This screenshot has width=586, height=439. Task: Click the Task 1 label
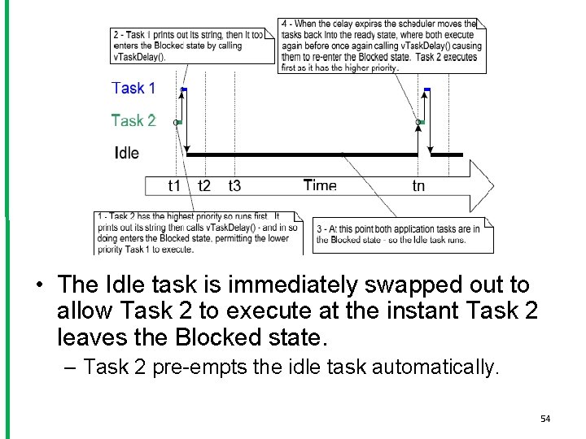pos(133,88)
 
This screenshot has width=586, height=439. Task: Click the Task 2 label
pos(133,120)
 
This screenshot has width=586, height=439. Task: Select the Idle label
pos(127,152)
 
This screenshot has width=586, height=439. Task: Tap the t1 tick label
pos(174,186)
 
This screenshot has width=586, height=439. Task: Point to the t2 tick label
pos(203,186)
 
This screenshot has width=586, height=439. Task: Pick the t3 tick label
pos(234,186)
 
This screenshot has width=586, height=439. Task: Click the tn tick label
pos(418,186)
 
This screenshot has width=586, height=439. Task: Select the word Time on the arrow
pos(320,185)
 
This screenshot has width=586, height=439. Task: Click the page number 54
pos(545,419)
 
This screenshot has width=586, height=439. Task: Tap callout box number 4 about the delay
pos(381,46)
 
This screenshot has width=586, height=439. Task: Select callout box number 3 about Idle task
pos(399,234)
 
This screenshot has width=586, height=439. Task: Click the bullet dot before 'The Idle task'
pos(39,286)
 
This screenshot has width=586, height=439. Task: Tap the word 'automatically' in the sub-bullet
pos(433,367)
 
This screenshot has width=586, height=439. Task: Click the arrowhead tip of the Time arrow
pos(493,185)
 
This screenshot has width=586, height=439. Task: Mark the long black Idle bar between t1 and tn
pos(301,154)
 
